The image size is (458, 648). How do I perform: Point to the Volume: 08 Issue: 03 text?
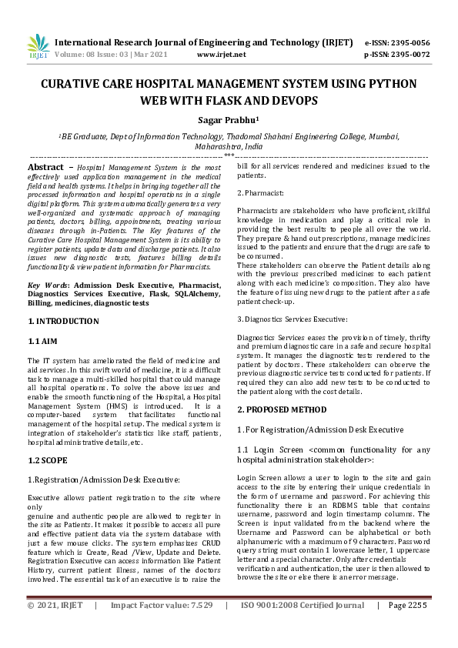coord(95,55)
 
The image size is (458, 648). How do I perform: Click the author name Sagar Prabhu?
coord(229,119)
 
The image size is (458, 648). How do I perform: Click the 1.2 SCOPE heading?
coord(48,460)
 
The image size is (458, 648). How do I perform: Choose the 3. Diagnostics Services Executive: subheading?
coord(292,318)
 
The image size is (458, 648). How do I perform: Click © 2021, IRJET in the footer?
coord(53,627)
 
